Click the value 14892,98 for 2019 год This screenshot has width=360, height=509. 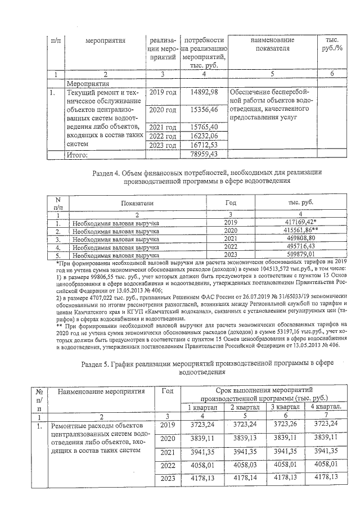[204, 92]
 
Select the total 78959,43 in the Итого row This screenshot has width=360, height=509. [204, 153]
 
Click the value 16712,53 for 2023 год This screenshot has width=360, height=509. [204, 145]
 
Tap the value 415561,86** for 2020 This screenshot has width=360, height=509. [297, 231]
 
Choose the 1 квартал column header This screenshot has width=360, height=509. [202, 407]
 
